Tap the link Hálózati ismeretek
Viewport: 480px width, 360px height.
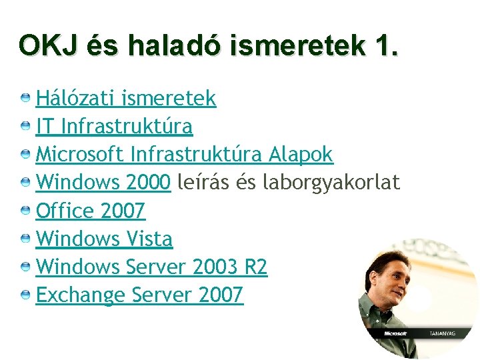126,99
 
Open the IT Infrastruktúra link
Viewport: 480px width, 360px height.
114,127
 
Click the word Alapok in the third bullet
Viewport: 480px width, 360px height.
301,155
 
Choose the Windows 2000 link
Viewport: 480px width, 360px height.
103,183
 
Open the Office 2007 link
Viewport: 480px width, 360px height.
90,211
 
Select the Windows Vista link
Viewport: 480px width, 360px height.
104,239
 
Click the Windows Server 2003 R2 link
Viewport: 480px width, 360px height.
151,267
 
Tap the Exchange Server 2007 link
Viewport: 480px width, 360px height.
139,295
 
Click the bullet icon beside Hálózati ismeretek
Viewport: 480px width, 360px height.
25,99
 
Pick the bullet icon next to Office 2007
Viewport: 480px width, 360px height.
25,211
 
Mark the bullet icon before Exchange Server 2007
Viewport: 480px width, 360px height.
25,295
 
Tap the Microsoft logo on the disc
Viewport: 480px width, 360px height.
396,333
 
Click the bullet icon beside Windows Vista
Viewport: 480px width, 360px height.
25,239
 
